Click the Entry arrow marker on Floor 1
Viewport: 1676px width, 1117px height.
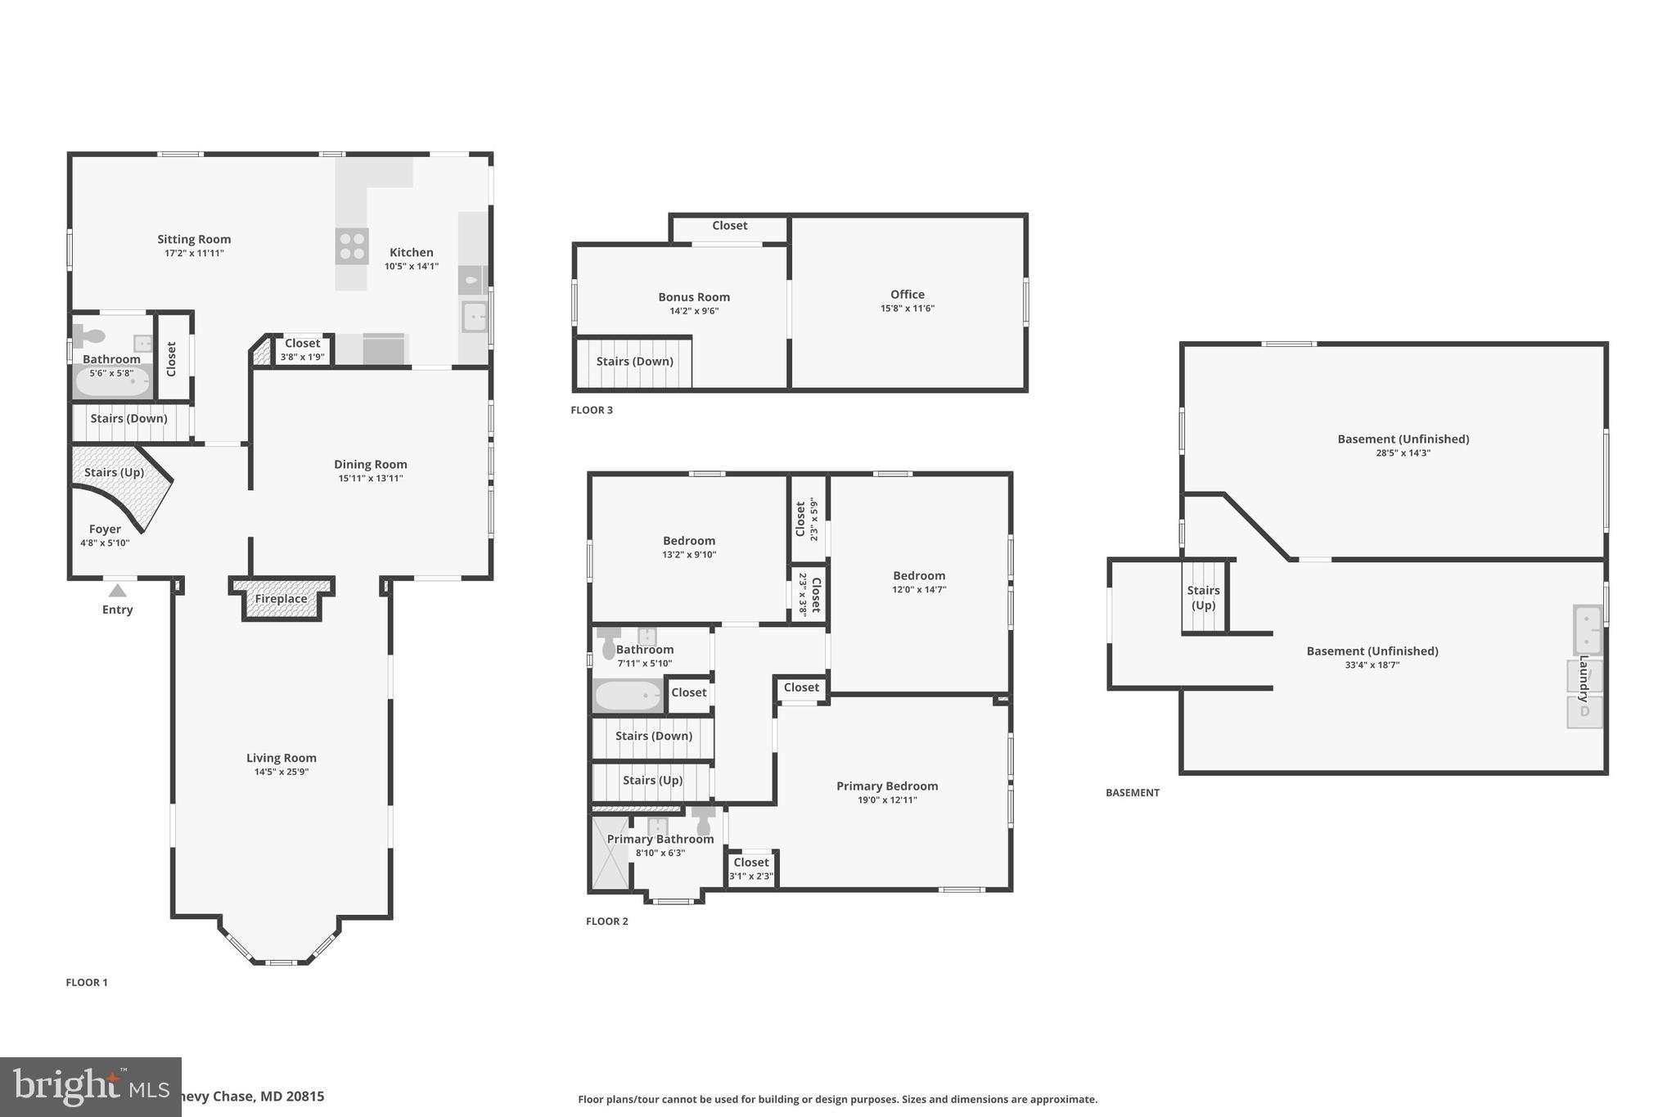pyautogui.click(x=118, y=590)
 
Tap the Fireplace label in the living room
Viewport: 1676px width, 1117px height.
pyautogui.click(x=281, y=599)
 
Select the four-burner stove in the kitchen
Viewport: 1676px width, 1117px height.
pyautogui.click(x=352, y=245)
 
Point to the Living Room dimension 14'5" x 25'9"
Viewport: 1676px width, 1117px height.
pyautogui.click(x=281, y=772)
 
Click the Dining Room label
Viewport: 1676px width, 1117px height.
pyautogui.click(x=370, y=464)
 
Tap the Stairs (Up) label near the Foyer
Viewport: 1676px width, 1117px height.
pyautogui.click(x=114, y=472)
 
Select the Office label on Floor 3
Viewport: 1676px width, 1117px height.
pyautogui.click(x=907, y=295)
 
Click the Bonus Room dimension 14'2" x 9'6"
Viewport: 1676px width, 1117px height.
pyautogui.click(x=693, y=311)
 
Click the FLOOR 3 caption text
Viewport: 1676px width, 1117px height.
pyautogui.click(x=591, y=410)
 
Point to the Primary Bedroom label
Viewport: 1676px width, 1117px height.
pyautogui.click(x=886, y=786)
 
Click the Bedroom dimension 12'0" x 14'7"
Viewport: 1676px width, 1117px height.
pyautogui.click(x=918, y=589)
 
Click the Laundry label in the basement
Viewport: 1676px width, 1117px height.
pyautogui.click(x=1584, y=678)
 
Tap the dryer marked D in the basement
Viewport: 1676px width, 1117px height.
pyautogui.click(x=1584, y=711)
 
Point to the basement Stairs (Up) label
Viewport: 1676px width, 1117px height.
pyautogui.click(x=1203, y=597)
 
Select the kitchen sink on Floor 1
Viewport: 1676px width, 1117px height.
pyautogui.click(x=474, y=316)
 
